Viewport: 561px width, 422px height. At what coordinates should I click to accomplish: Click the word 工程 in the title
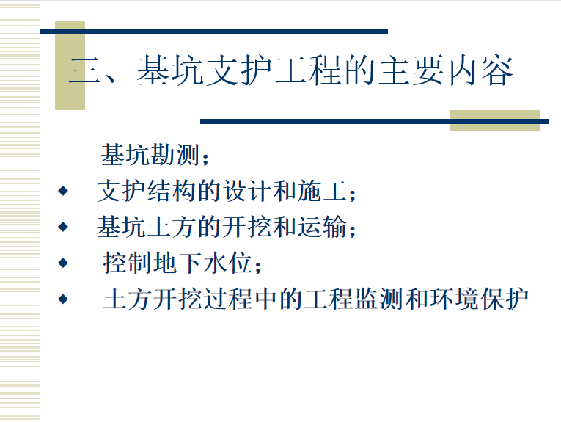[x=308, y=70]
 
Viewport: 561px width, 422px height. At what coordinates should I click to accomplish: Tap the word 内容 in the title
[x=481, y=70]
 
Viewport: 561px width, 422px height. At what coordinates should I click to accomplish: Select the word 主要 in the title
[x=412, y=70]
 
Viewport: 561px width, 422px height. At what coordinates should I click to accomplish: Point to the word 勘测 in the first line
[x=175, y=155]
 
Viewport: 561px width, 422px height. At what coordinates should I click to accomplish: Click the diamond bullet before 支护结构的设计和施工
[x=63, y=191]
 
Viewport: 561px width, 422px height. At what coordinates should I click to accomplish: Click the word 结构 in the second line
[x=172, y=191]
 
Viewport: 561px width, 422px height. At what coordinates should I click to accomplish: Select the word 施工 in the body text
[x=322, y=191]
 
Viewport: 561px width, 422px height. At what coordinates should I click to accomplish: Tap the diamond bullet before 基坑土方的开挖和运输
[x=63, y=227]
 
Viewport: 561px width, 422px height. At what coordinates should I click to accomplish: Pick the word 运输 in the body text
[x=322, y=227]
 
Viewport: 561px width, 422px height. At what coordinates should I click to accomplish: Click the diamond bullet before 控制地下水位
[x=63, y=263]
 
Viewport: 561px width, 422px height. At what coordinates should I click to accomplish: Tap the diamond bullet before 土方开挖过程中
[x=63, y=299]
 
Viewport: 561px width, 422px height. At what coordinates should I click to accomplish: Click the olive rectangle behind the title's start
[x=70, y=65]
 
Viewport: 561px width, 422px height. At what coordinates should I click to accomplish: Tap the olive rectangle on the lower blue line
[x=495, y=120]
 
